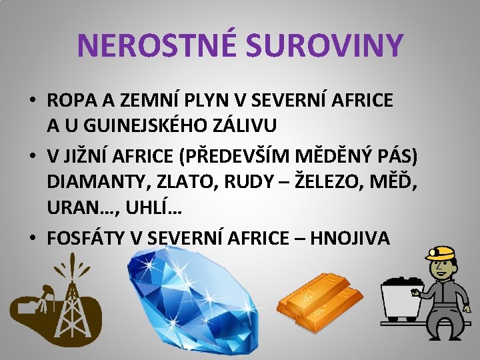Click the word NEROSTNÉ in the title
155,45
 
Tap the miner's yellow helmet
439,253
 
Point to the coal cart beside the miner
401,297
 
